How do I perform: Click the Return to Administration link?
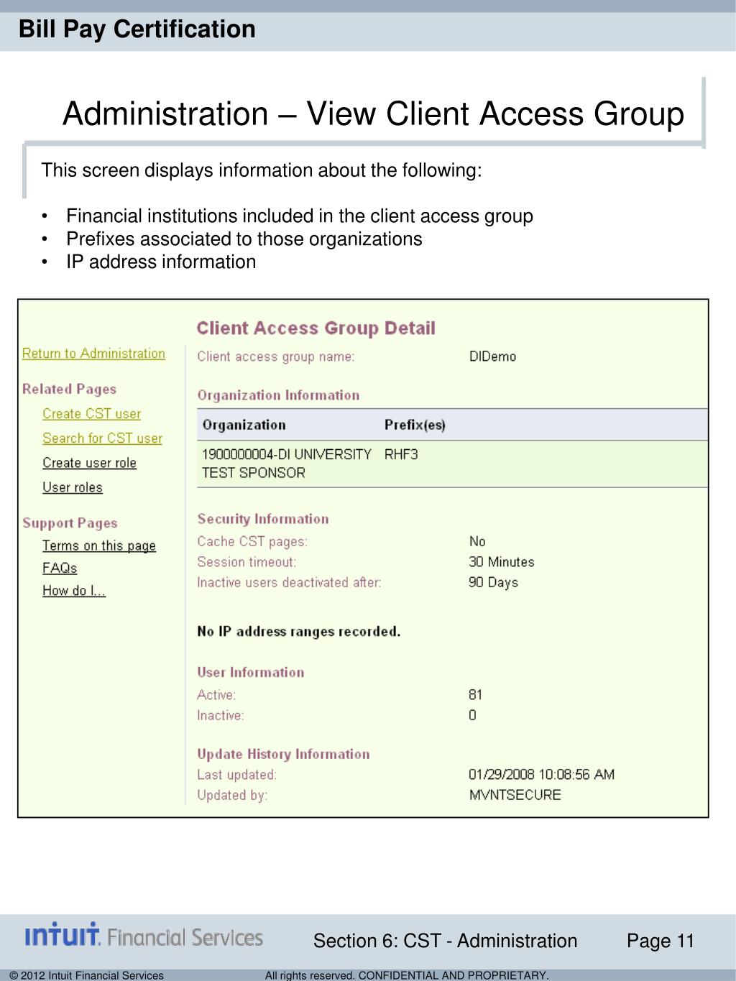(93, 354)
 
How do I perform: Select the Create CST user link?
(91, 414)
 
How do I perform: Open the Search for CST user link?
(102, 438)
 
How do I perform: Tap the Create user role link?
(89, 463)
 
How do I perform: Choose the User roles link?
(73, 487)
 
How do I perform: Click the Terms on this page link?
(99, 545)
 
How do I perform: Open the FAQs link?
(60, 568)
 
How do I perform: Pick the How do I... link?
(74, 591)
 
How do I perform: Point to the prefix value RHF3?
(401, 454)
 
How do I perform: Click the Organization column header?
(244, 425)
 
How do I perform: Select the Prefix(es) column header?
(415, 425)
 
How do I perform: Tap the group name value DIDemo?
(492, 356)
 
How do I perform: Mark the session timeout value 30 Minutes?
(502, 562)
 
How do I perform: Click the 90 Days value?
(493, 582)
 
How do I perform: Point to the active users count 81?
(475, 695)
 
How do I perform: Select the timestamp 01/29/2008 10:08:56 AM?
(541, 775)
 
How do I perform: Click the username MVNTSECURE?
(515, 795)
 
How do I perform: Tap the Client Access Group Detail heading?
(316, 328)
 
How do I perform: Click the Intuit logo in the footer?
(144, 936)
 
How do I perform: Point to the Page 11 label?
(661, 941)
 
